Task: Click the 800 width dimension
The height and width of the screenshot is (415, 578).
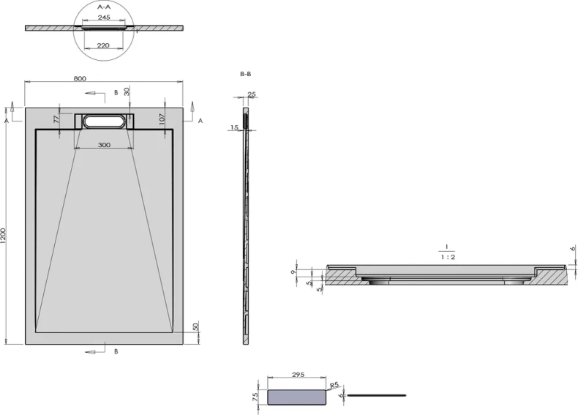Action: (80, 78)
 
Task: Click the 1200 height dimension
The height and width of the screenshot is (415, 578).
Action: (4, 236)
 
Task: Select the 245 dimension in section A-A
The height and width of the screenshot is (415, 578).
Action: (104, 18)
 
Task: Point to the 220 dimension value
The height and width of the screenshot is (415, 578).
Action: (103, 45)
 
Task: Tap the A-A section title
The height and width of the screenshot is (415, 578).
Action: (104, 7)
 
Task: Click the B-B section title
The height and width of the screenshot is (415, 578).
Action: (246, 74)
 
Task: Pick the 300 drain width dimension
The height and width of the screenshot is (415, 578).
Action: (105, 145)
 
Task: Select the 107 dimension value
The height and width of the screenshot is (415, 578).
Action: (162, 119)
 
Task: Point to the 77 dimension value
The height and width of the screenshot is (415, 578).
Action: (56, 119)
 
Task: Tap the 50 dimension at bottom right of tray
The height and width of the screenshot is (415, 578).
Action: (196, 326)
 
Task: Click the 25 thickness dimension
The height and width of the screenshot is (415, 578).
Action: (252, 94)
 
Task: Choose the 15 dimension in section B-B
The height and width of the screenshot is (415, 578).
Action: (234, 127)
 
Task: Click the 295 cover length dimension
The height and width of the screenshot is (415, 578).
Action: (298, 375)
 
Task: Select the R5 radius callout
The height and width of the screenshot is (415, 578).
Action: (334, 386)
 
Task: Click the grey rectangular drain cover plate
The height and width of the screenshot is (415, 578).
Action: (297, 397)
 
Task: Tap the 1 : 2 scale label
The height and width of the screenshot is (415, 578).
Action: (448, 257)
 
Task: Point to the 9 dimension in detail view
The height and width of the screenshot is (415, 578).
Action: (293, 272)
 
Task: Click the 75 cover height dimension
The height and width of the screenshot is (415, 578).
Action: (255, 397)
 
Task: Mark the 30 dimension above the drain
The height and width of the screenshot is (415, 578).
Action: (127, 91)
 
